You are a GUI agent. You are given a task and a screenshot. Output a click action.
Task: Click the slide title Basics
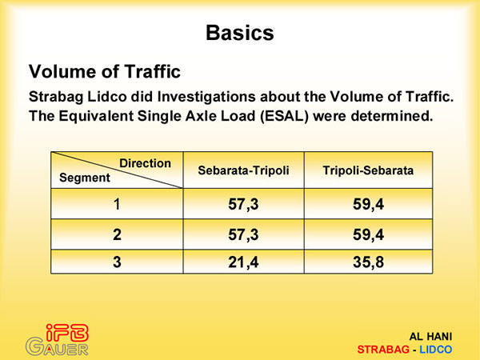(240, 33)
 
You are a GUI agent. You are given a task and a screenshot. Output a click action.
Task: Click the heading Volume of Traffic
(105, 71)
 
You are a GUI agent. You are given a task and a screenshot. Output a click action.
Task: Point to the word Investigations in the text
(206, 97)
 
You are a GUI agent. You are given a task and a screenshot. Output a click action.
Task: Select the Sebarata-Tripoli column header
(243, 170)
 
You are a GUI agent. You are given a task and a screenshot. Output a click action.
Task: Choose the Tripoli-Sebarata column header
(368, 170)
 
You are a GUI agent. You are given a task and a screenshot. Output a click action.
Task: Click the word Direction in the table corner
(145, 163)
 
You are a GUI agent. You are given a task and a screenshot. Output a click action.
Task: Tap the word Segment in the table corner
(85, 178)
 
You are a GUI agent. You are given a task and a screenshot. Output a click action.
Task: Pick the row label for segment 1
(117, 204)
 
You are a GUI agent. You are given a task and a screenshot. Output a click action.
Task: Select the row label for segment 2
(117, 234)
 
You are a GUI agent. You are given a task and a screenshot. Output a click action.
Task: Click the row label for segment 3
(117, 262)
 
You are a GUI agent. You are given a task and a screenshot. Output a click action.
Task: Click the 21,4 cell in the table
(243, 262)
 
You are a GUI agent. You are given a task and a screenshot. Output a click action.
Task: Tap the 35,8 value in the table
(368, 262)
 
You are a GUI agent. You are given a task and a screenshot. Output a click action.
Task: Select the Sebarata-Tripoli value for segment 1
(243, 205)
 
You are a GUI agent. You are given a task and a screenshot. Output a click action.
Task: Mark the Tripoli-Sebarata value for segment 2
(368, 235)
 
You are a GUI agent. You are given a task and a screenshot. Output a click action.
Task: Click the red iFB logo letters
(67, 333)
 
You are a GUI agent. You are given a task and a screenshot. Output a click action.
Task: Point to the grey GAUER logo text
(57, 347)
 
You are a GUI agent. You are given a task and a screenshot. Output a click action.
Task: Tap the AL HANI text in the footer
(430, 337)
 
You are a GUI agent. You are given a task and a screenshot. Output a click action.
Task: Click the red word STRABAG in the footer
(383, 350)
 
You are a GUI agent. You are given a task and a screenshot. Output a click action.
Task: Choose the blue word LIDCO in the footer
(436, 350)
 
